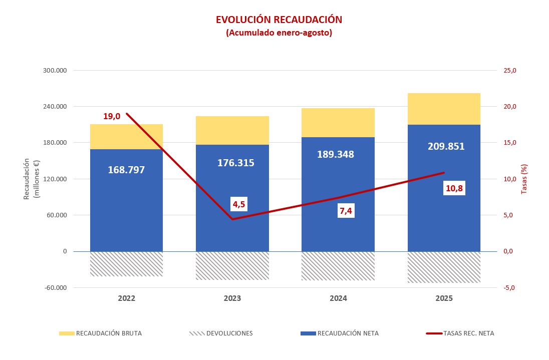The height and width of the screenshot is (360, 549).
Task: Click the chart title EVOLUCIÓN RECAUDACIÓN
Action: [x=279, y=20]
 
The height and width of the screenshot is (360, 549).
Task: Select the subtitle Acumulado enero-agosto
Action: [x=279, y=33]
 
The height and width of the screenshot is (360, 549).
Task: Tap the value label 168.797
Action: [x=126, y=170]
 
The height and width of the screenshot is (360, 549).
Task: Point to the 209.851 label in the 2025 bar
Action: [x=446, y=146]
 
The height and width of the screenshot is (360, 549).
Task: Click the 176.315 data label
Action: [x=235, y=163]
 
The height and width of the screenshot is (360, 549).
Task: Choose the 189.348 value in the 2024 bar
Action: [x=336, y=154]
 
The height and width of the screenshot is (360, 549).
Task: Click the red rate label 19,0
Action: [x=112, y=116]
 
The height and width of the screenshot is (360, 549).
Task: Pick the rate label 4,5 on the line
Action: [x=239, y=204]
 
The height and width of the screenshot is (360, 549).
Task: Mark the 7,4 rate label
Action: [x=346, y=211]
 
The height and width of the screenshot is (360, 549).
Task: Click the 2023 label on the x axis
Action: [x=232, y=298]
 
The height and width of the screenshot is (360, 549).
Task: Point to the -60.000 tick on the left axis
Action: [x=56, y=288]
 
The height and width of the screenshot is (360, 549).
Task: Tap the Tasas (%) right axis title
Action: [x=524, y=179]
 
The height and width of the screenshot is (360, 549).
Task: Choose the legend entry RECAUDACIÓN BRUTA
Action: [x=109, y=333]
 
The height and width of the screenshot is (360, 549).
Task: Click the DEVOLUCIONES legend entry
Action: [x=229, y=333]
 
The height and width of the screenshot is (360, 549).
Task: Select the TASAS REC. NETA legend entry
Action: [x=468, y=333]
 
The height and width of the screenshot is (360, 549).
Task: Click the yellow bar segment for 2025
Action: [x=444, y=109]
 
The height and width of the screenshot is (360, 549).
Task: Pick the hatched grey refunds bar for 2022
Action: [x=126, y=264]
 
